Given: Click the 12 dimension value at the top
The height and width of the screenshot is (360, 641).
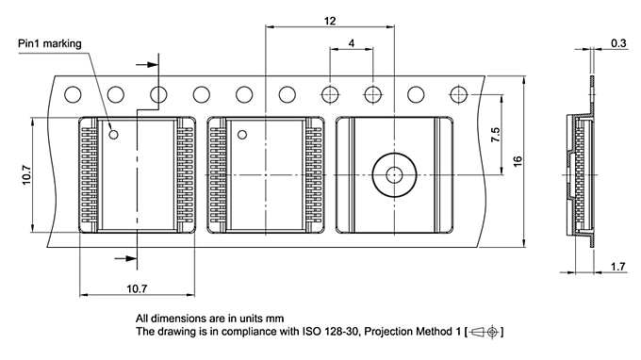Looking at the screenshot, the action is [x=330, y=21].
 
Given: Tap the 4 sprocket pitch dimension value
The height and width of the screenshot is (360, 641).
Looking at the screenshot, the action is [x=352, y=43].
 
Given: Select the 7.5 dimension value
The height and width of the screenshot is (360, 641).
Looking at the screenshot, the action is [x=495, y=135].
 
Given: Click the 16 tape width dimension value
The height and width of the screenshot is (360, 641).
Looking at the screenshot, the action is [x=518, y=161].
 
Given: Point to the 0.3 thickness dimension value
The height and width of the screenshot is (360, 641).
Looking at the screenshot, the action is [x=618, y=43].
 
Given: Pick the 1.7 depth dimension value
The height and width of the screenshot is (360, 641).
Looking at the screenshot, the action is [x=617, y=267].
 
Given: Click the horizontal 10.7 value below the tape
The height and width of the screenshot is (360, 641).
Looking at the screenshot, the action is [x=137, y=289].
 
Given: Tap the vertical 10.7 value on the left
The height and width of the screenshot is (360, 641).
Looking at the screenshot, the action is [x=26, y=175].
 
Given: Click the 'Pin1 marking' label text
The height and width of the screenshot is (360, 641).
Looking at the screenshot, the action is [x=49, y=43].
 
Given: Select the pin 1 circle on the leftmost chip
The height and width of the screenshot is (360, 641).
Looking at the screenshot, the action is [x=113, y=134].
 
